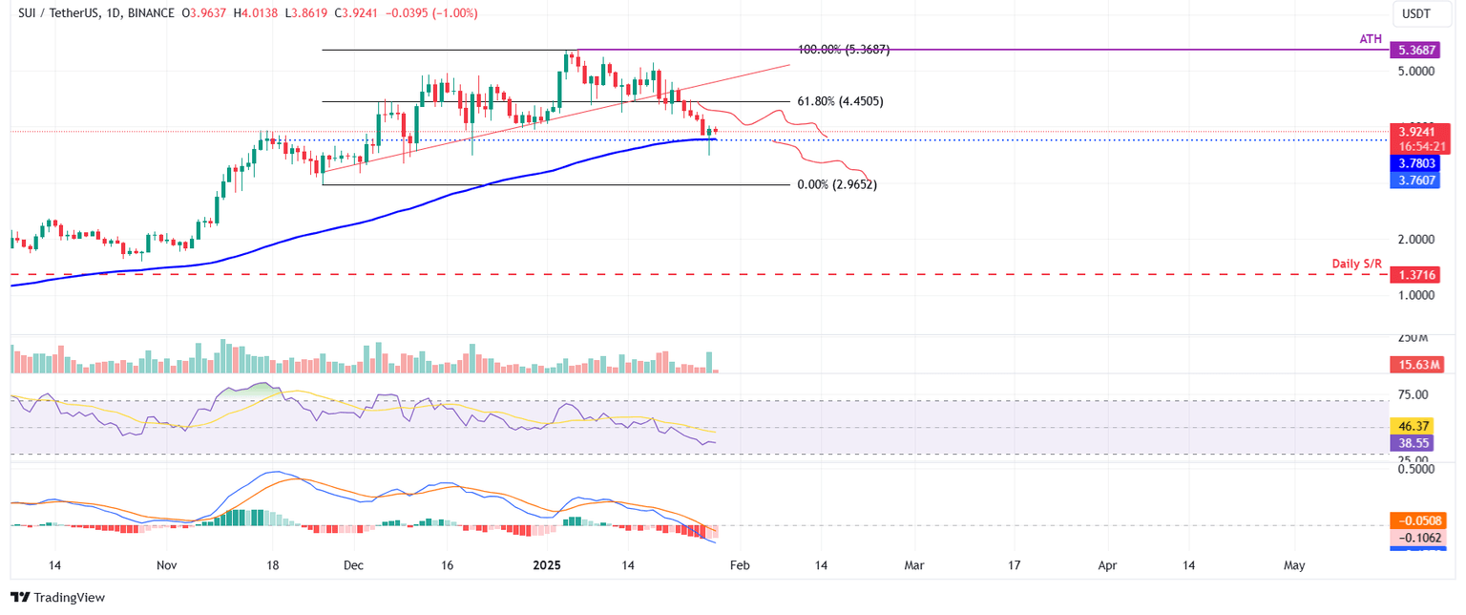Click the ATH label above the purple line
pyautogui.click(x=1372, y=37)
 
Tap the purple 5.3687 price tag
pyautogui.click(x=1416, y=49)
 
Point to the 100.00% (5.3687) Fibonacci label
pyautogui.click(x=843, y=50)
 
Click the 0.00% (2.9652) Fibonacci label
pyautogui.click(x=836, y=185)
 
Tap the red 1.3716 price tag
pyautogui.click(x=1416, y=274)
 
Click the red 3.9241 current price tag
pyautogui.click(x=1417, y=132)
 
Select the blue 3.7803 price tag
pyautogui.click(x=1416, y=163)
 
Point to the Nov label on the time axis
pyautogui.click(x=167, y=565)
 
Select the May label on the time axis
pyautogui.click(x=1294, y=565)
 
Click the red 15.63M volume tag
pyautogui.click(x=1416, y=364)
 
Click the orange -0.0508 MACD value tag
pyautogui.click(x=1416, y=520)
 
